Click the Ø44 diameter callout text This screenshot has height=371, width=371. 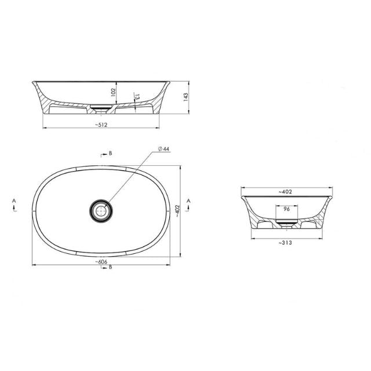pyautogui.click(x=163, y=150)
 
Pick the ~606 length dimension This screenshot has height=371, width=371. pyautogui.click(x=104, y=263)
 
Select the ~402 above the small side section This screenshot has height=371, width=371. pyautogui.click(x=284, y=191)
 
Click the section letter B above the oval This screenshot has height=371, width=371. pyautogui.click(x=110, y=155)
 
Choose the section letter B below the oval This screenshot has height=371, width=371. pyautogui.click(x=110, y=267)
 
